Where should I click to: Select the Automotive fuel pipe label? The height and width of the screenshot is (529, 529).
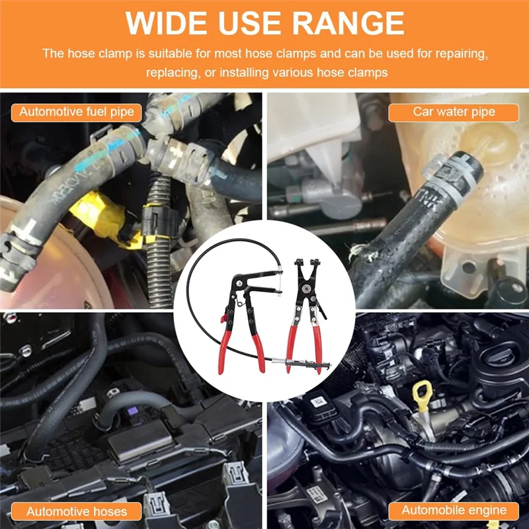77,111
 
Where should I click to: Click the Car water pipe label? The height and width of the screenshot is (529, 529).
454,111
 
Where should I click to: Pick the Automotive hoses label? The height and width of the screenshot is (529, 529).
77,510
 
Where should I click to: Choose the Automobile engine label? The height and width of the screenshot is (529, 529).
454,510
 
